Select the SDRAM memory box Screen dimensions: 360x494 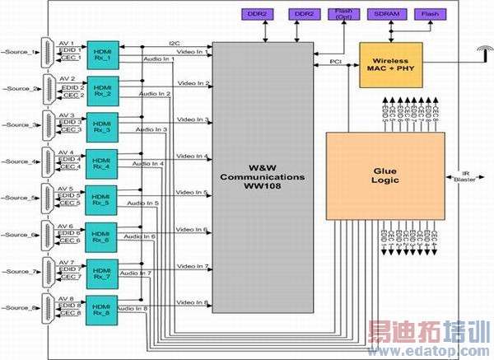tap(389, 14)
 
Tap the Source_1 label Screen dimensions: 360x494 tap(21, 52)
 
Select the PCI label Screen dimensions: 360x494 tap(335, 59)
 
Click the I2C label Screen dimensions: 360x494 tap(174, 42)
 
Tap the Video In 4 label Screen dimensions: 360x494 tap(192, 157)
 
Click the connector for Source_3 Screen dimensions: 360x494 tap(52, 124)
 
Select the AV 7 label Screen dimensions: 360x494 tap(68, 262)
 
